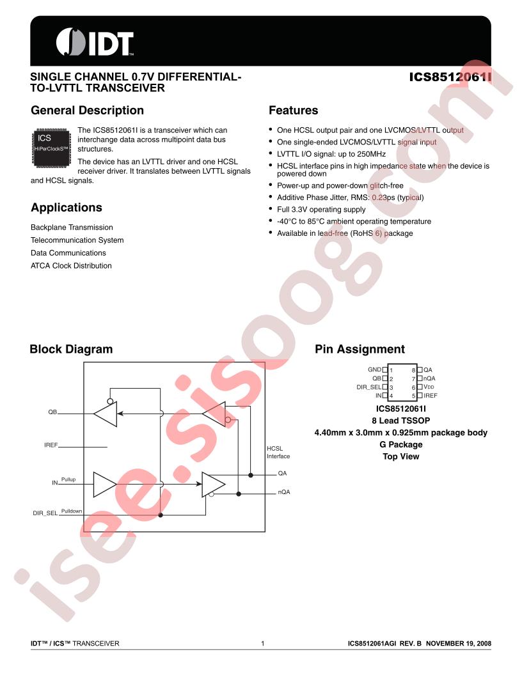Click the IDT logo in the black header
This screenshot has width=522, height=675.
point(95,42)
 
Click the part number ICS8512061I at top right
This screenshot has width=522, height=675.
point(450,77)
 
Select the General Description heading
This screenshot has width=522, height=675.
point(87,111)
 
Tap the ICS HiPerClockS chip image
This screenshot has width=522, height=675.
point(52,147)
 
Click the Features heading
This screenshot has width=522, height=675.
point(293,111)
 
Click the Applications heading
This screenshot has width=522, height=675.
point(67,208)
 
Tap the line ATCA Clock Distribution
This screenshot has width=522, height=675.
point(71,266)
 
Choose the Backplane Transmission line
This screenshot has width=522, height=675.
point(72,228)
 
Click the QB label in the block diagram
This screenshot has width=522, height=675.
point(52,412)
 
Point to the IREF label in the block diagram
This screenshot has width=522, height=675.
point(51,445)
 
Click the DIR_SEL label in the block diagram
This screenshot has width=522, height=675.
point(45,513)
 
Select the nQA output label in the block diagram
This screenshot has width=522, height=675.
point(284,492)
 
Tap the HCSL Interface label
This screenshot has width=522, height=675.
point(278,453)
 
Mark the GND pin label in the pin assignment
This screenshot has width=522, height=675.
point(374,369)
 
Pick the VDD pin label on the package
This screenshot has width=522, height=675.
point(429,387)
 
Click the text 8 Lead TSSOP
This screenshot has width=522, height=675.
point(401,421)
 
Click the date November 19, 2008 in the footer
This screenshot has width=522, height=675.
point(459,644)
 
